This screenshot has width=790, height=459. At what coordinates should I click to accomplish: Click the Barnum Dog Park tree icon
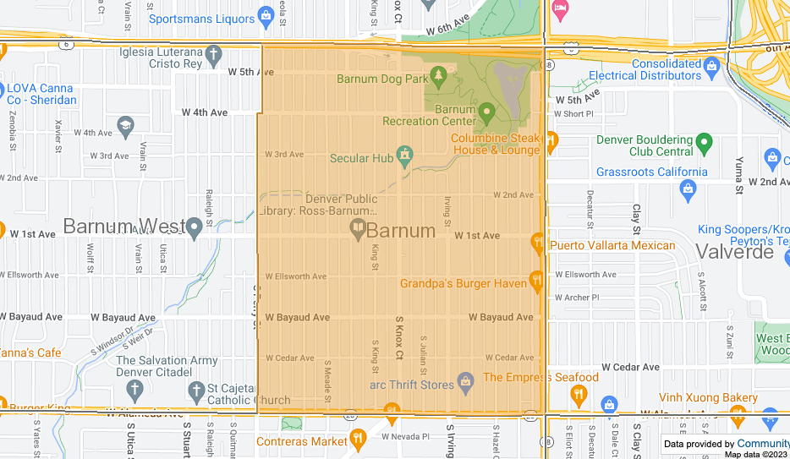pos(438,79)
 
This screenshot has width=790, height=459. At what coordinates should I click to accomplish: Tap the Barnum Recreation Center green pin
pos(486,111)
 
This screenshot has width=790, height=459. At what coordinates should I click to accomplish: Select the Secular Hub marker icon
pos(405,156)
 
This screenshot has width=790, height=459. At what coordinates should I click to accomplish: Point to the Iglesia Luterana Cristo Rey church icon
pos(215,56)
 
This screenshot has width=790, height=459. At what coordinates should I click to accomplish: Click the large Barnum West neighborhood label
pos(123,227)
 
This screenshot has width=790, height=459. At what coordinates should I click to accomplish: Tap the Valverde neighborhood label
pos(734,252)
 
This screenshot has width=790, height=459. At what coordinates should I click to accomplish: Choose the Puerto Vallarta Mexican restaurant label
pos(612,246)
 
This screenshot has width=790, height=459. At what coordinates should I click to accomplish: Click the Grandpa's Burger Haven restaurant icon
pos(536,279)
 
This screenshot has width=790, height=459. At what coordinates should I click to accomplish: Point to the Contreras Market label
pos(301,441)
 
